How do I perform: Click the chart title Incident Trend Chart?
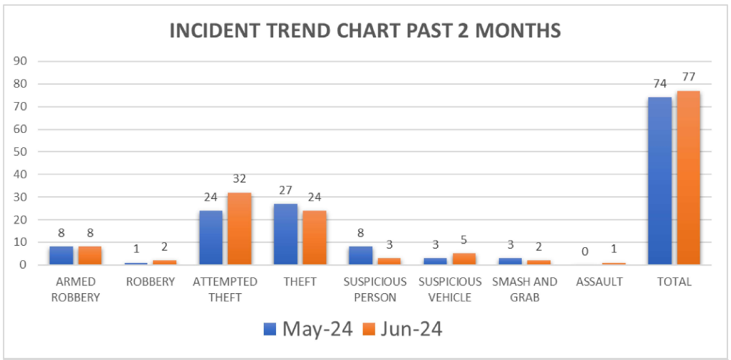[365, 32]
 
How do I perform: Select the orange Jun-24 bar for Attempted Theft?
[239, 229]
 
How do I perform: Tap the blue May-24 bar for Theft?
[285, 234]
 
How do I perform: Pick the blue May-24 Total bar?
[659, 181]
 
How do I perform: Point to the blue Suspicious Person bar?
[360, 256]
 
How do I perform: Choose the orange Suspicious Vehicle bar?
[464, 259]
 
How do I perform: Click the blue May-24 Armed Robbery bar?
[61, 256]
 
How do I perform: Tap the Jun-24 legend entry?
[402, 329]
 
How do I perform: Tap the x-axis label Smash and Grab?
[525, 288]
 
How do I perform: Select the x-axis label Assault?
[599, 282]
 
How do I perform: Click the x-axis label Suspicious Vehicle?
[450, 288]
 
